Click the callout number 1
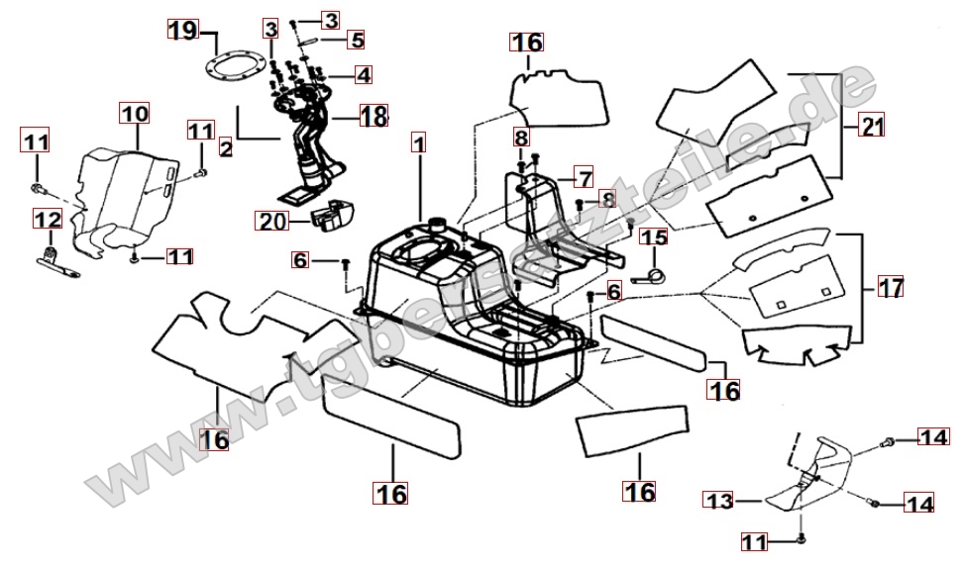coord(419,145)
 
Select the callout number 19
coord(181,31)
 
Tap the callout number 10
coord(136,114)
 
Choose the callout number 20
coord(270,223)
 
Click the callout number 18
coord(374,117)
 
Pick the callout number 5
coord(357,41)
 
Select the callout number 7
coord(584,179)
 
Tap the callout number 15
coord(653,237)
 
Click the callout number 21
coord(872,128)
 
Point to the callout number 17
coord(891,289)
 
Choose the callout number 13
coord(720,502)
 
